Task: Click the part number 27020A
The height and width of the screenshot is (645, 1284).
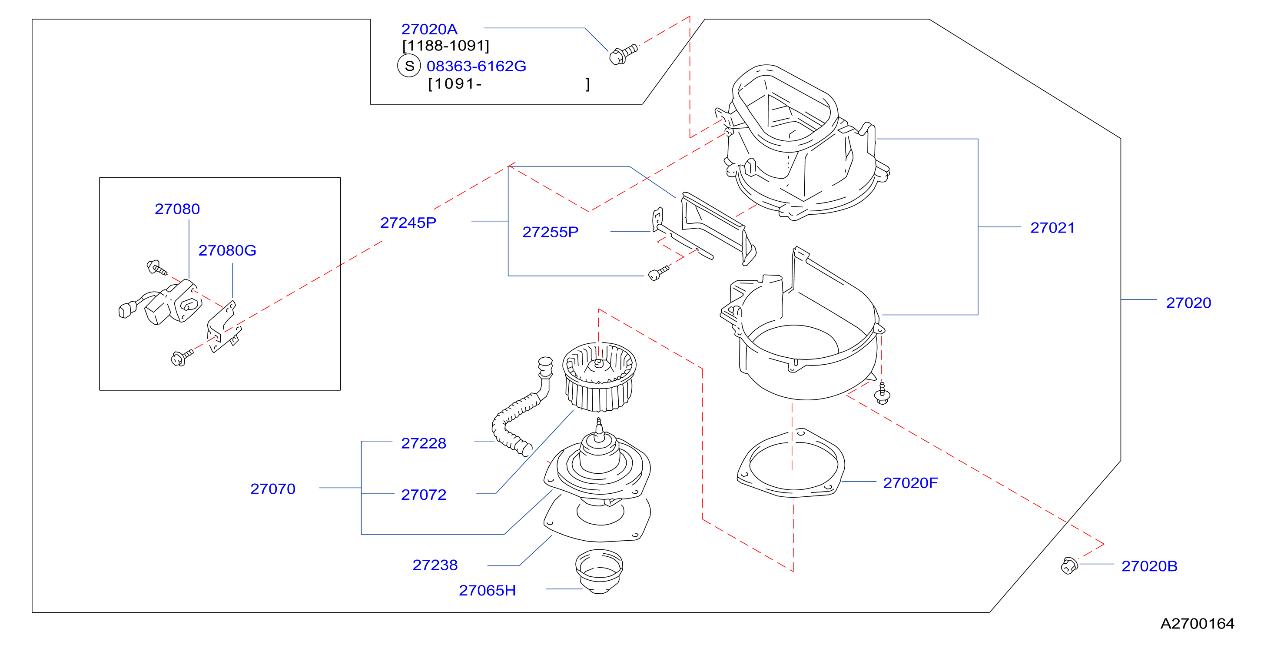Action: (x=429, y=30)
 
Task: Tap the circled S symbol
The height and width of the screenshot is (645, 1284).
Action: (x=409, y=66)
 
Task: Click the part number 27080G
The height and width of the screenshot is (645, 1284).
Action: (x=227, y=250)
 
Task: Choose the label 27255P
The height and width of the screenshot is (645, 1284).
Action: (x=550, y=232)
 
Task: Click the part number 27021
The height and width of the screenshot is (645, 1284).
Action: (x=1052, y=228)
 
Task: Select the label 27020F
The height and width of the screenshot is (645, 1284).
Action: (x=910, y=483)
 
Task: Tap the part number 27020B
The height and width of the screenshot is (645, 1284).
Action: (x=1149, y=566)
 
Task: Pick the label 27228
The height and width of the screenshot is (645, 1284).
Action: (x=424, y=444)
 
